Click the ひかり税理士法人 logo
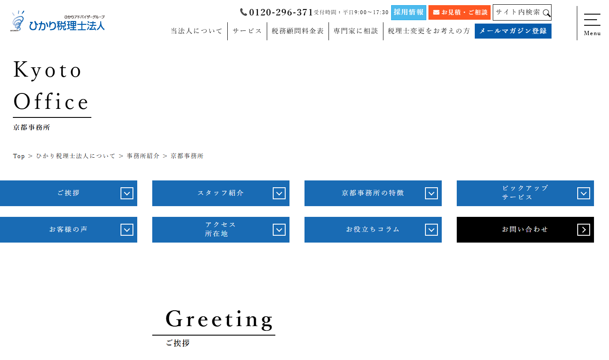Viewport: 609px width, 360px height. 57,21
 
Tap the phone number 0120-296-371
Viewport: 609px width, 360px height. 281,12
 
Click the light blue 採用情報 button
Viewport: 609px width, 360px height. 408,12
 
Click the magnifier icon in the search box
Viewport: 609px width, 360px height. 546,13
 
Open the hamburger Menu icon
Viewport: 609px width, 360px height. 592,20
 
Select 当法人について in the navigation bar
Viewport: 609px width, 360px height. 196,31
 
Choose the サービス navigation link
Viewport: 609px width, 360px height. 247,31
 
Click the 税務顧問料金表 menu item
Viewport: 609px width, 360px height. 298,31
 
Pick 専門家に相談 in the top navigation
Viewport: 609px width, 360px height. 356,31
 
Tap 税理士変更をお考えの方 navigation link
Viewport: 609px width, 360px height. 429,31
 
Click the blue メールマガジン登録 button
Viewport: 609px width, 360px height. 513,31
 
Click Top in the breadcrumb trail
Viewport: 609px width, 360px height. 19,156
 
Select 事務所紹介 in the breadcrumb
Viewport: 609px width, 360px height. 143,156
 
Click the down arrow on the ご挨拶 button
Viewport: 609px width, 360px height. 127,193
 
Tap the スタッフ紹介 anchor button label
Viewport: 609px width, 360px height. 220,193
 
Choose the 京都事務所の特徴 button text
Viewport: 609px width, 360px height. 373,193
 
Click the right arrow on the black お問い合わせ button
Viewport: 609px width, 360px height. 583,230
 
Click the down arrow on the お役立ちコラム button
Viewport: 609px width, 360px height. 431,230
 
